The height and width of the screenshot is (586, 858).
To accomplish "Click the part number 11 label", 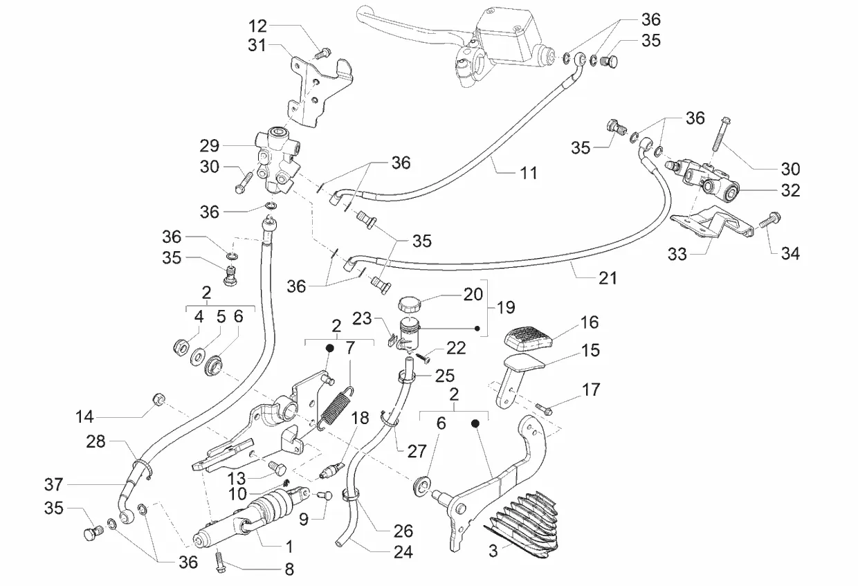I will click(529, 173).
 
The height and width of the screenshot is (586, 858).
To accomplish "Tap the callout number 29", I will click(210, 146).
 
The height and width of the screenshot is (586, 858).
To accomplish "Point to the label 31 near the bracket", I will click(257, 46).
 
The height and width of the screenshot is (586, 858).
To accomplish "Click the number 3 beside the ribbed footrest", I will click(493, 551).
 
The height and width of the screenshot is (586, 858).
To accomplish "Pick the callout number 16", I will click(590, 322).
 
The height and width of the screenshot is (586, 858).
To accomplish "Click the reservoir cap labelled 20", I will click(410, 304).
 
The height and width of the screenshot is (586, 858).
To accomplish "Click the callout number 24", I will click(403, 552).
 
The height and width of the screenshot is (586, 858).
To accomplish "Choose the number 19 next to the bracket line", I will click(506, 307).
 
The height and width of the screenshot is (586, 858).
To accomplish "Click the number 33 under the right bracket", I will click(677, 254).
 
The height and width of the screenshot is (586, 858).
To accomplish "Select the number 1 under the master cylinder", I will click(289, 545).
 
